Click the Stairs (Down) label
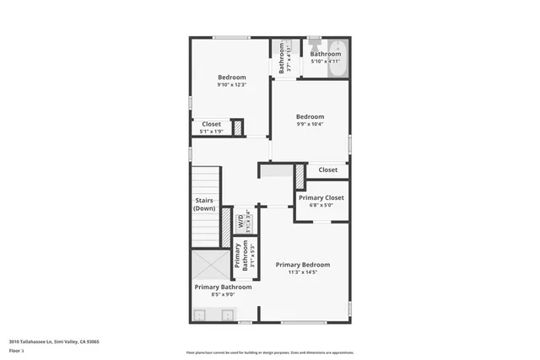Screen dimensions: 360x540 [x=203, y=204]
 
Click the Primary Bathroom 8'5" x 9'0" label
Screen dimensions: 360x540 [x=224, y=291]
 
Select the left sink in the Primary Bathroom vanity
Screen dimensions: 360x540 [x=201, y=316]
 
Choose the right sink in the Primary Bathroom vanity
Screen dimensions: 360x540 [x=228, y=316]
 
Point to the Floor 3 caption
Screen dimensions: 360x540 [x=16, y=350]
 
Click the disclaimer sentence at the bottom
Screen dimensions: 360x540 [x=270, y=352]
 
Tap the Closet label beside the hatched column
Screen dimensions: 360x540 [x=328, y=169]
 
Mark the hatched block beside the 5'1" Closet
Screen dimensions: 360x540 [x=238, y=128]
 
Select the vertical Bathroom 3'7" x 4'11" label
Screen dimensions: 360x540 [x=281, y=57]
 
